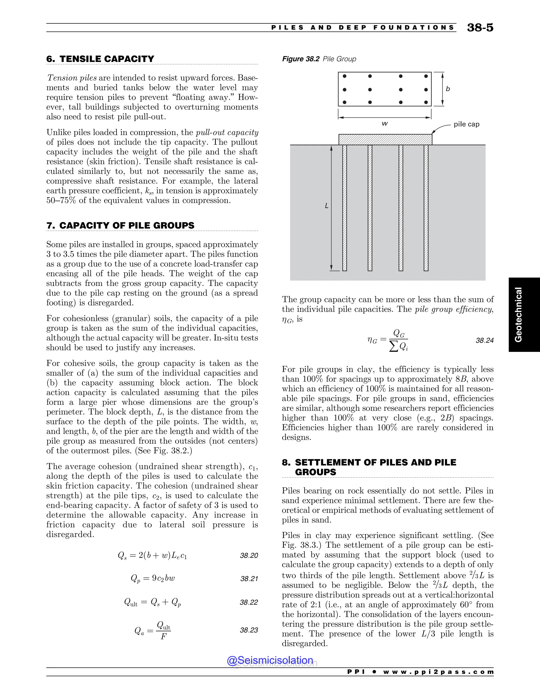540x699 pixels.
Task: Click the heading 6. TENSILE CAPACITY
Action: click(100, 59)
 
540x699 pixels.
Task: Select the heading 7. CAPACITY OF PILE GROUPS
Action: click(120, 225)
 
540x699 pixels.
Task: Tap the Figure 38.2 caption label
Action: click(300, 59)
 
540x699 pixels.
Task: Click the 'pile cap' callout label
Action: click(466, 124)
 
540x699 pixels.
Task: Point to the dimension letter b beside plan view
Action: click(447, 89)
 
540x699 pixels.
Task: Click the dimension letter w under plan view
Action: click(385, 123)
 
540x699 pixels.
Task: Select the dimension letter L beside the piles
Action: click(326, 206)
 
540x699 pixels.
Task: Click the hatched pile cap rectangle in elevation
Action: click(385, 140)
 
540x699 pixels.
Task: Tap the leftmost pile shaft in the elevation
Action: click(345, 208)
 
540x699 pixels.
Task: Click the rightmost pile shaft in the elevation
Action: click(426, 208)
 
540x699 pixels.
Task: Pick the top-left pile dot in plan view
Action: click(345, 76)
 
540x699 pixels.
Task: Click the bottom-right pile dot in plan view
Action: click(426, 102)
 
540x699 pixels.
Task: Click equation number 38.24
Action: click(484, 341)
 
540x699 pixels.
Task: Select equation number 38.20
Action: click(249, 556)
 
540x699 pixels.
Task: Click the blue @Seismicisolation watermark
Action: click(270, 660)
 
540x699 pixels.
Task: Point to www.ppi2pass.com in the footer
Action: click(438, 672)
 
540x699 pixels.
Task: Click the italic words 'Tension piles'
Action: click(72, 78)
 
